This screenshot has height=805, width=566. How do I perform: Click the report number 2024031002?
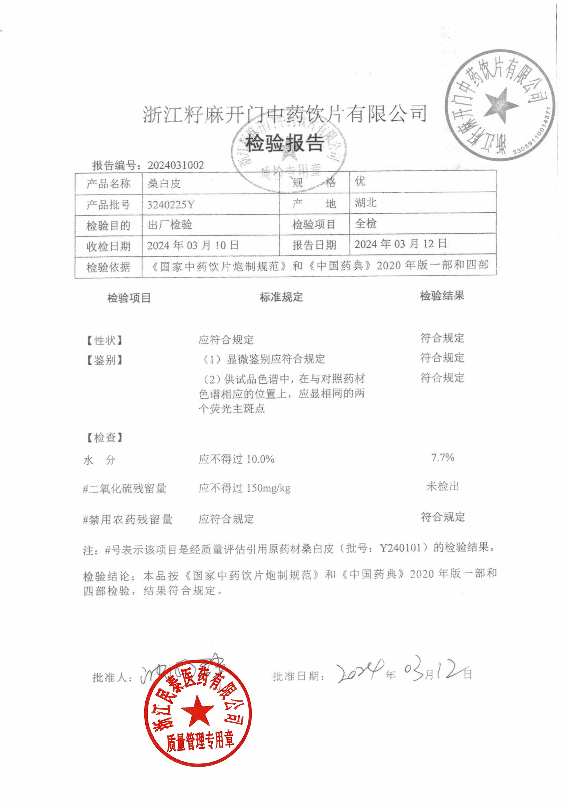175,165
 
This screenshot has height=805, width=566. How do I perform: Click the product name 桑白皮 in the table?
164,183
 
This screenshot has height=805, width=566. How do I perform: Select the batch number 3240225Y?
171,204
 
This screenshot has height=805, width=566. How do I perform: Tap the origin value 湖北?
365,203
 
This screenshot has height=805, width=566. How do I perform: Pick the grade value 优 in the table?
360,181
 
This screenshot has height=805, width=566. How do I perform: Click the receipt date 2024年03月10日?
192,246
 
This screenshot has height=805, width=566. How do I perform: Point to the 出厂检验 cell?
170,225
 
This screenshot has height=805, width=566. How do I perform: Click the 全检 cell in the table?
365,223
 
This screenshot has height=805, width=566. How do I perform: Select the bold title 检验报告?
284,143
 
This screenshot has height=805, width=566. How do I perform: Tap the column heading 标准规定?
281,297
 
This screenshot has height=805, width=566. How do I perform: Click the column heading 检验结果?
442,296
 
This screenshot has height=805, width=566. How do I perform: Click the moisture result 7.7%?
442,457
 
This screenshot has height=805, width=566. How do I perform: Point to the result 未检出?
442,486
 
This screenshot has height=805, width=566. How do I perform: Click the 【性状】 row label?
104,340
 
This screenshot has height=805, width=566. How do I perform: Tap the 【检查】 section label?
104,437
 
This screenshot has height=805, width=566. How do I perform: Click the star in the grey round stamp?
500,105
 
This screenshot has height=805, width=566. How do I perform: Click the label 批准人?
112,678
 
